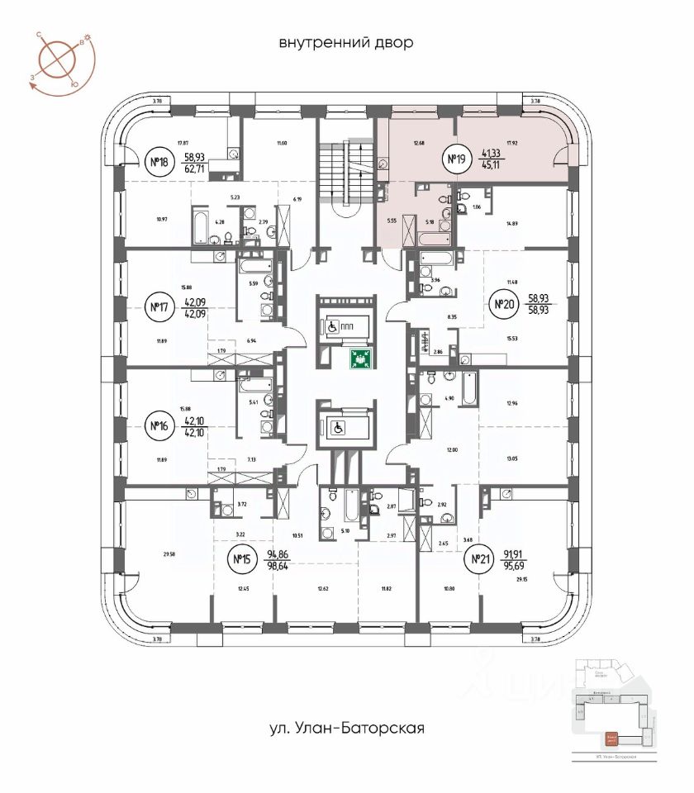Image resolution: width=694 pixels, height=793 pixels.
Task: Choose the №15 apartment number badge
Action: [x=241, y=561]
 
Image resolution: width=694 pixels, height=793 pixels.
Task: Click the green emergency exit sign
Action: [x=359, y=359]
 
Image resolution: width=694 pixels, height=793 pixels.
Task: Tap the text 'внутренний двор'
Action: [x=345, y=42]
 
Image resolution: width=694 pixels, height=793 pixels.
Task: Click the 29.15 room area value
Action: [x=520, y=581]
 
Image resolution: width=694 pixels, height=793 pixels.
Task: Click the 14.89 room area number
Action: [x=516, y=222]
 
